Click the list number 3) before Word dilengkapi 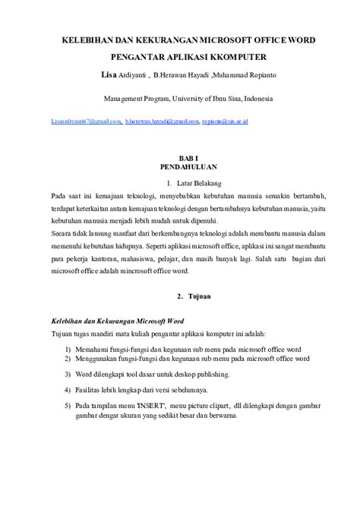[68, 375]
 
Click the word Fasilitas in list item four [90, 390]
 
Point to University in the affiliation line [190, 98]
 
